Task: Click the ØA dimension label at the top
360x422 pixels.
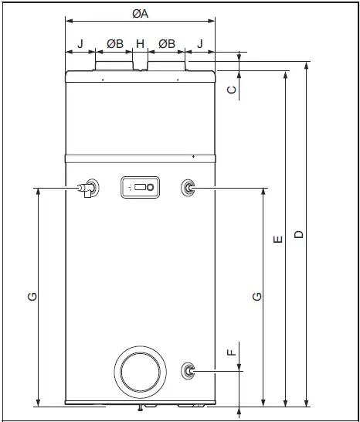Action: [x=140, y=12]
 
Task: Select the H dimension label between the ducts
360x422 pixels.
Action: [x=140, y=44]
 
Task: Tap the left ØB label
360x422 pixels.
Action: [x=114, y=44]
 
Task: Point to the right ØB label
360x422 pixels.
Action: [x=165, y=44]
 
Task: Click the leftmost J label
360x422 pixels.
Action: [x=80, y=44]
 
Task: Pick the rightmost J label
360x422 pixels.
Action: [x=200, y=44]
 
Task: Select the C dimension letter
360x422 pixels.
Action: [x=231, y=90]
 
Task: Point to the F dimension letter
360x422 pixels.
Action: [x=230, y=352]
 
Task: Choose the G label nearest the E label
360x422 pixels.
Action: [x=256, y=296]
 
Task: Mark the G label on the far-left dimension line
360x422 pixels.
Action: [x=29, y=296]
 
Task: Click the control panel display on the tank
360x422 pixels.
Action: [x=139, y=187]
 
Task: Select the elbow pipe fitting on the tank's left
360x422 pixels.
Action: [x=87, y=188]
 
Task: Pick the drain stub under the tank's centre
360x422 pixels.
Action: [x=140, y=408]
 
